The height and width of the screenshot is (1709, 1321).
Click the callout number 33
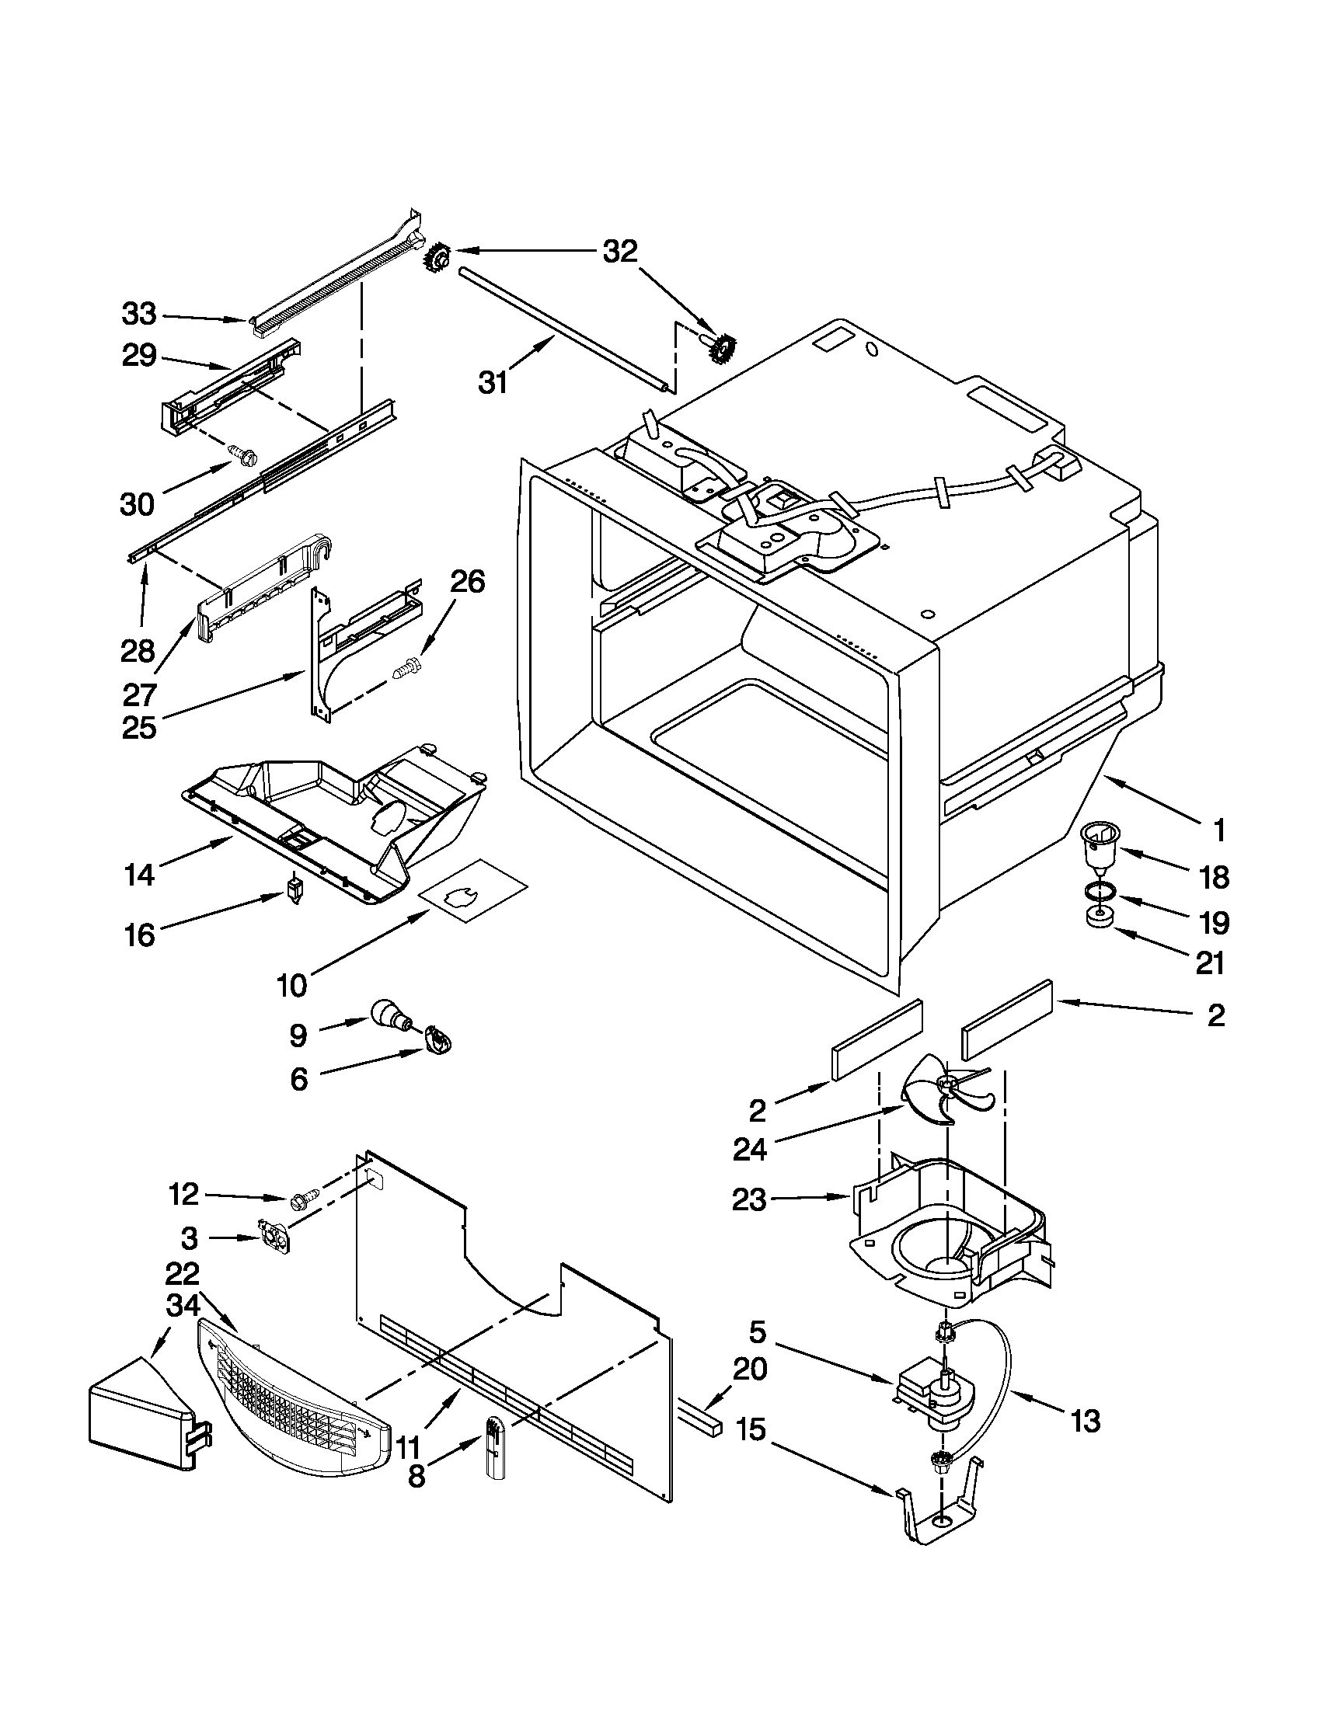139,315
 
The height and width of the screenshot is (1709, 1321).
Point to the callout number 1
1218,831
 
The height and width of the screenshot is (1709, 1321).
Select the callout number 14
139,874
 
